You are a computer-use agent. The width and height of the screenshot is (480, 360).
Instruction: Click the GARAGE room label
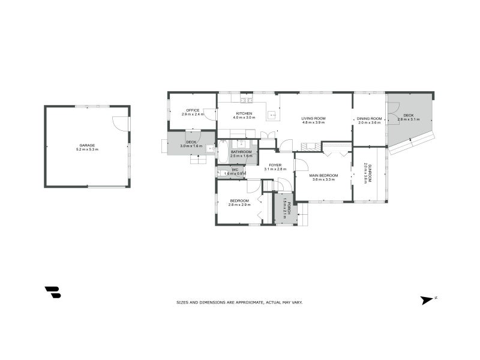coord(88,145)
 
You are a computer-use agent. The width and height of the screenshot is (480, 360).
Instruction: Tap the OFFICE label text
coord(193,110)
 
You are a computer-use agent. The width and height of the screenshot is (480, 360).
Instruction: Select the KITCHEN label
coord(244,113)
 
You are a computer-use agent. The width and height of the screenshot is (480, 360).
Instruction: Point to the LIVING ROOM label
coord(313,118)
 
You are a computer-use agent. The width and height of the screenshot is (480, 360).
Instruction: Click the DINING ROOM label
coord(370,118)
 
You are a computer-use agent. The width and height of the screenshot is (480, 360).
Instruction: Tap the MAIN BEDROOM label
coord(324,175)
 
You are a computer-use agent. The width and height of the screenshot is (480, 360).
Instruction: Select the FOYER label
coord(275,165)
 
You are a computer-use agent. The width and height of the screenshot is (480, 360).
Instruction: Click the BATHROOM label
coord(241,152)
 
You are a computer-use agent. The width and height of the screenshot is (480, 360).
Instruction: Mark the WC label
coord(235,170)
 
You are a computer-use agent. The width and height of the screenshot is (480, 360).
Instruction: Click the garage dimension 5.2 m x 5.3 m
coord(88,149)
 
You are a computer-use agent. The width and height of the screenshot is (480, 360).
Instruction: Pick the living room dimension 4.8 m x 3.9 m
coord(313,122)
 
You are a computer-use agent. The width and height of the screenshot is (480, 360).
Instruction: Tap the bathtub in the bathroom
coord(222,152)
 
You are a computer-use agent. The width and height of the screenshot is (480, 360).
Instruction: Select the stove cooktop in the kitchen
coord(245,99)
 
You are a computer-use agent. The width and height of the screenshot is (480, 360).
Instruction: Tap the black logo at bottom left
coord(53,292)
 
